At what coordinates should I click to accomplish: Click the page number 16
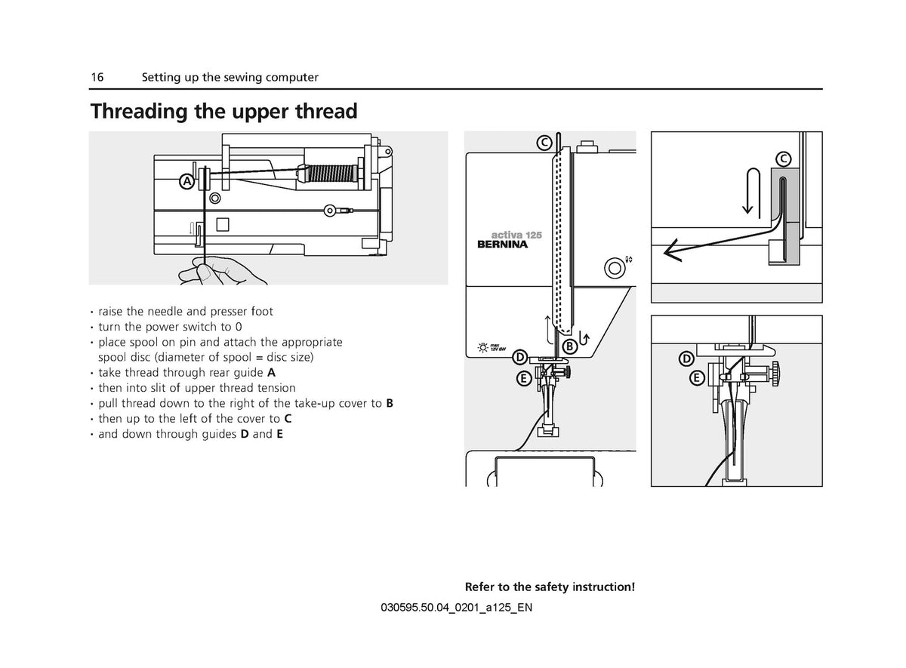97,77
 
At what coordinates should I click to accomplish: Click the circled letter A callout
187,182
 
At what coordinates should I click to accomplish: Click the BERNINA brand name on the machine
502,245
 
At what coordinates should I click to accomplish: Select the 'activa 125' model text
516,235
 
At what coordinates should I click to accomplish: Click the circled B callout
569,346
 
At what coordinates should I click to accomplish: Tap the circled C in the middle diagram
544,143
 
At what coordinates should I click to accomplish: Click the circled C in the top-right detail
784,159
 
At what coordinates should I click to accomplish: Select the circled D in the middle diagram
520,358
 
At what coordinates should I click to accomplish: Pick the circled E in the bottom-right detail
697,378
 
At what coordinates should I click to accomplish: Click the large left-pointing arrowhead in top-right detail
671,251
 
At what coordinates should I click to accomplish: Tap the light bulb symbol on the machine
482,348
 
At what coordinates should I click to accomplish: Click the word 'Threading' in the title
139,111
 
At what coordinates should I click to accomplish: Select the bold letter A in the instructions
271,372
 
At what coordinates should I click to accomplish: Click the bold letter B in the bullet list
390,403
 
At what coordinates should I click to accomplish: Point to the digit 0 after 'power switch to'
239,327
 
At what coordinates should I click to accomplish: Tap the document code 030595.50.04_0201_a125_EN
456,608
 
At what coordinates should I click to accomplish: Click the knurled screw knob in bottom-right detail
775,374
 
